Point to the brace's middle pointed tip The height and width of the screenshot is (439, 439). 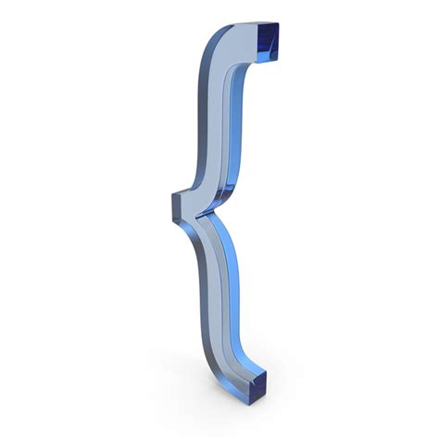(175, 205)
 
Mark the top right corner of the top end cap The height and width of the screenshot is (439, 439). (277, 23)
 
